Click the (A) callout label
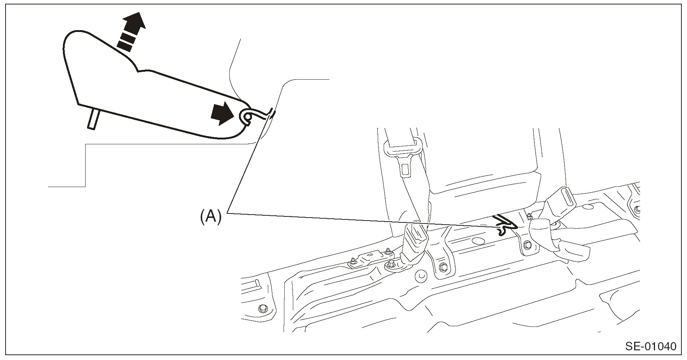(x=211, y=216)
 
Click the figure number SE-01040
(x=651, y=347)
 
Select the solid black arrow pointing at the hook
(x=222, y=113)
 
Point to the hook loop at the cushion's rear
(x=247, y=117)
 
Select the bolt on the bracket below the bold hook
(x=527, y=246)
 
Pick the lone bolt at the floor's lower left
(x=263, y=308)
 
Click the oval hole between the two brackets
(x=476, y=241)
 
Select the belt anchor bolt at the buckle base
(x=390, y=265)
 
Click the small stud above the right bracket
(x=528, y=215)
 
